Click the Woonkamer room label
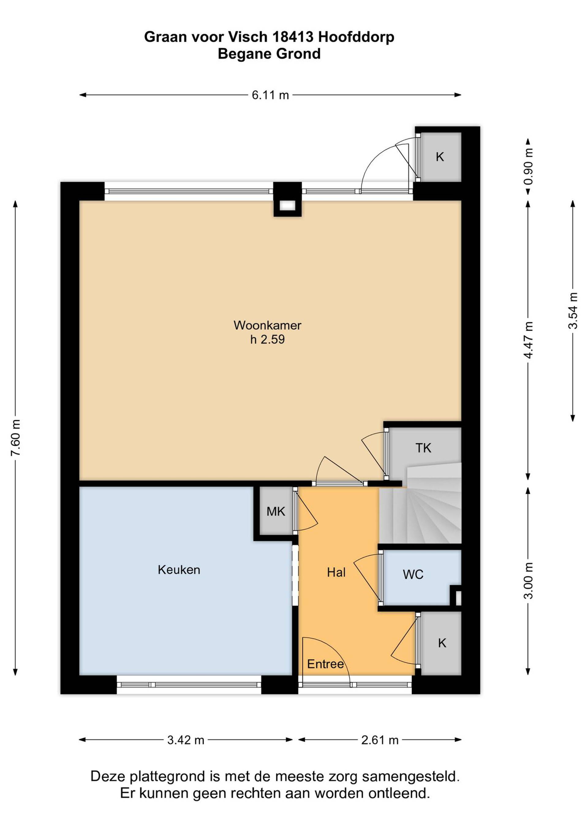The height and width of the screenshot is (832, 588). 267,325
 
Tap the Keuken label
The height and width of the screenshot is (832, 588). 179,570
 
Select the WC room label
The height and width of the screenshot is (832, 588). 413,574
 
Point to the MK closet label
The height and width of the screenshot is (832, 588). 276,512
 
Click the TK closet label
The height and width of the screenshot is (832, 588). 423,448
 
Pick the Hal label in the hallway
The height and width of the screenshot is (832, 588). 336,572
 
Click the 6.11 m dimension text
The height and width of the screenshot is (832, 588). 270,95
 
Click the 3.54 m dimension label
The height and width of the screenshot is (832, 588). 573,310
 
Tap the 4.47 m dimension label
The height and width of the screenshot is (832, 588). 528,340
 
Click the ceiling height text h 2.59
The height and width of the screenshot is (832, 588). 267,340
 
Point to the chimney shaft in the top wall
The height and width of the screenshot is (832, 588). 288,205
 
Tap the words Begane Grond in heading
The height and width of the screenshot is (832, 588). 269,54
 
